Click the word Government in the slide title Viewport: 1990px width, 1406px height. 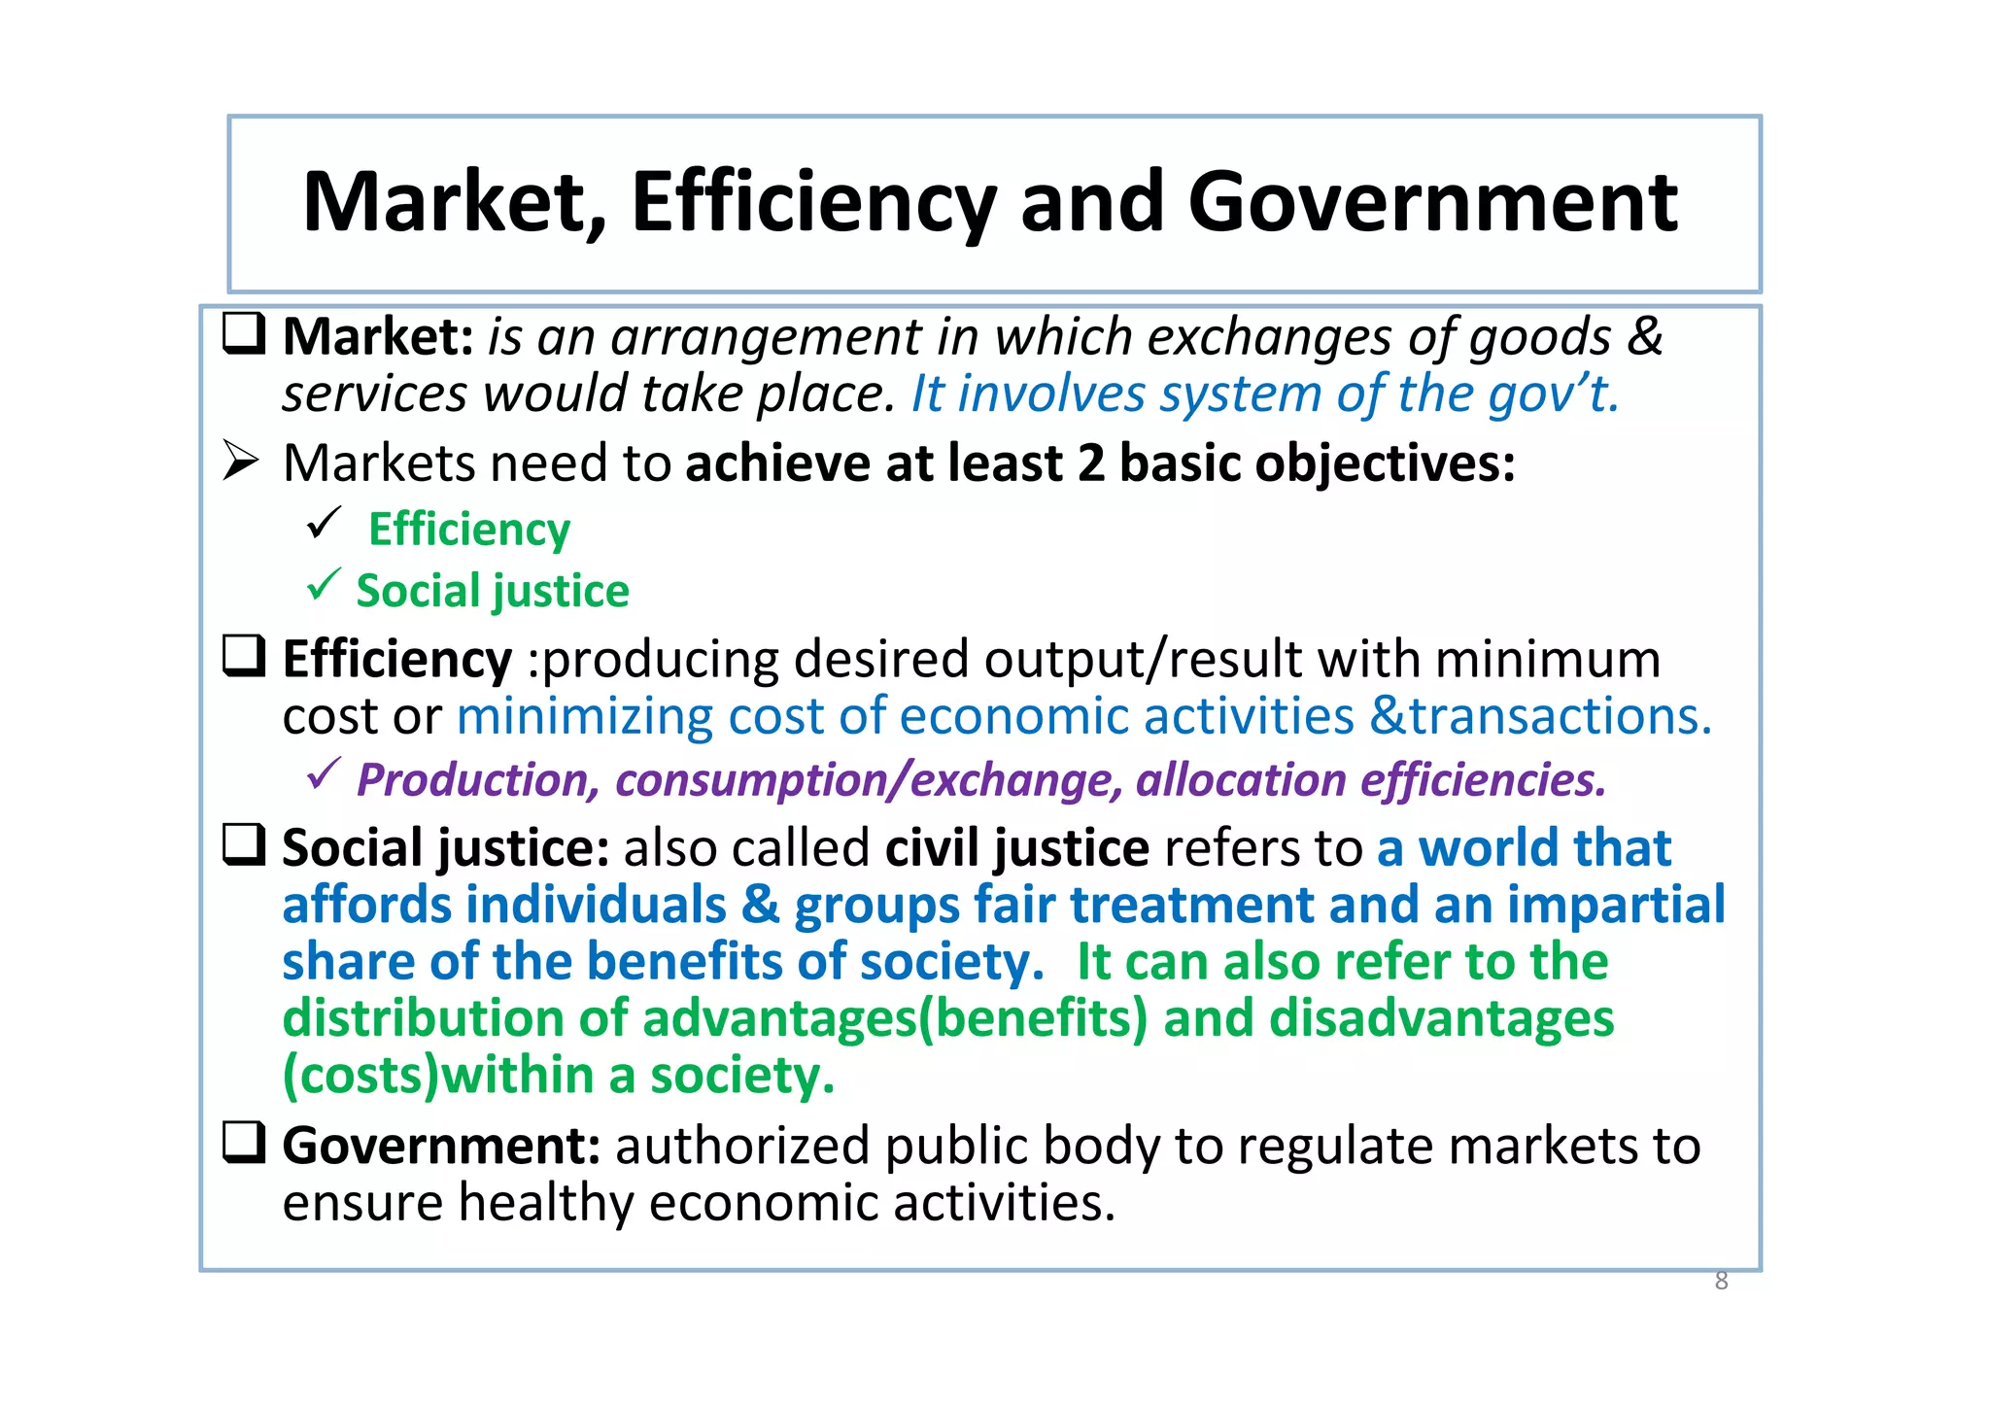point(1432,202)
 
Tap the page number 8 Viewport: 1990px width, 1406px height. point(1721,1281)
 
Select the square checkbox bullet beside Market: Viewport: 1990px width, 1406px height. point(244,333)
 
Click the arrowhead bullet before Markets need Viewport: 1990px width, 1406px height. point(240,461)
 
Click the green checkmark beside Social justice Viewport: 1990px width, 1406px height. point(323,585)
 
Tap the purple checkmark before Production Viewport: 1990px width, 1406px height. point(323,773)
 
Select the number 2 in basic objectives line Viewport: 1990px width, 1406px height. point(1091,463)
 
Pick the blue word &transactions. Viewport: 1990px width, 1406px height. point(1540,717)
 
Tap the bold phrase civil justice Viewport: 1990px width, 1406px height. point(1017,848)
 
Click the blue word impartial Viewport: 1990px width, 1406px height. point(1616,905)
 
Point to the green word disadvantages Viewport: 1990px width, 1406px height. point(1442,1018)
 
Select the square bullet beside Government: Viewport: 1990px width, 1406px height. point(244,1143)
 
